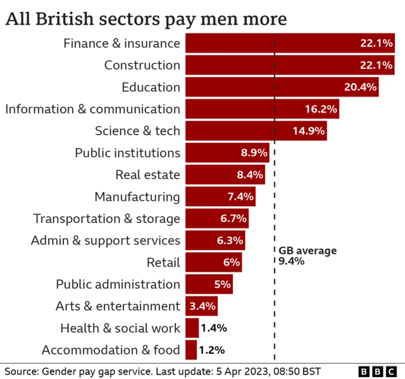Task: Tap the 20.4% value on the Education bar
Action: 360,87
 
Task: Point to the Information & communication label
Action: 92,109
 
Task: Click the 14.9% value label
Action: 309,131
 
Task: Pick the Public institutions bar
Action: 227,153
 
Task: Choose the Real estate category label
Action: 147,174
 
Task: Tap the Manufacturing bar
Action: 220,196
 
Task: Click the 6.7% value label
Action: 231,219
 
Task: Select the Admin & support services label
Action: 105,240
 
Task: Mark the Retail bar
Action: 215,262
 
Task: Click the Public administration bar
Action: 208,284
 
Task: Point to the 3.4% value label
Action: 202,306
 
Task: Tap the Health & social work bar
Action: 191,328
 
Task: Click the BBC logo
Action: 378,371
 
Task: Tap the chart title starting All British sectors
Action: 146,18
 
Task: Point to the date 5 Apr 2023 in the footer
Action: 241,370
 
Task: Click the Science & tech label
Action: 137,131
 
